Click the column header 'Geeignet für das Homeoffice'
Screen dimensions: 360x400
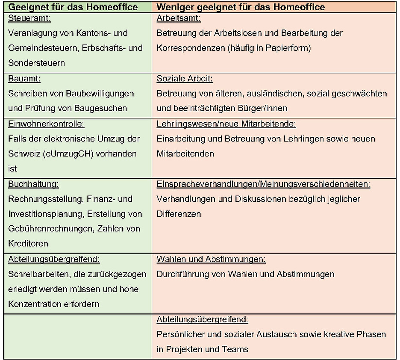[73, 7]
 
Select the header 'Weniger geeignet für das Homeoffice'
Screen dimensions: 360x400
[241, 7]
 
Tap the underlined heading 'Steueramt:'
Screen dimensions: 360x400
[29, 18]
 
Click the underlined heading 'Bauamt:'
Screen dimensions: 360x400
[24, 79]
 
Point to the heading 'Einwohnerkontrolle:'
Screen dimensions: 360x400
[46, 124]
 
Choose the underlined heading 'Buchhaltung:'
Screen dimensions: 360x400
[33, 184]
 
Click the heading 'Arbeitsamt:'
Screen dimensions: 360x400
[179, 18]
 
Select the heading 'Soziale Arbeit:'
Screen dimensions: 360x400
[185, 79]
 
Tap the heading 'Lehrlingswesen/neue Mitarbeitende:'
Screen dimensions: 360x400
[226, 124]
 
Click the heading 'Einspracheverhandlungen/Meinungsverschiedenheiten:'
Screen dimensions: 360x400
[263, 184]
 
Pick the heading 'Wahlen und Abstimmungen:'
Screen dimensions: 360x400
[211, 260]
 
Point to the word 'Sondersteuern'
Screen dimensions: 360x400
[36, 63]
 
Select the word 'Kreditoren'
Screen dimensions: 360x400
[28, 244]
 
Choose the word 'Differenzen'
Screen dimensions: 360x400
[179, 214]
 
